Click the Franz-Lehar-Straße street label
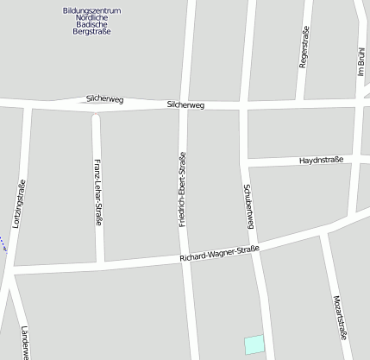click(x=98, y=193)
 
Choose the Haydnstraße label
click(x=321, y=161)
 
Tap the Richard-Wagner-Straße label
click(x=219, y=255)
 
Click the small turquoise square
click(x=254, y=344)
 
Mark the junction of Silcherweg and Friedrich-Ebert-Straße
click(x=184, y=105)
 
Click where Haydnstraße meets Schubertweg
click(x=245, y=162)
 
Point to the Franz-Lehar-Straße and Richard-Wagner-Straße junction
click(x=101, y=263)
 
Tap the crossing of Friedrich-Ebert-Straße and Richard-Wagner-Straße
click(x=185, y=257)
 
